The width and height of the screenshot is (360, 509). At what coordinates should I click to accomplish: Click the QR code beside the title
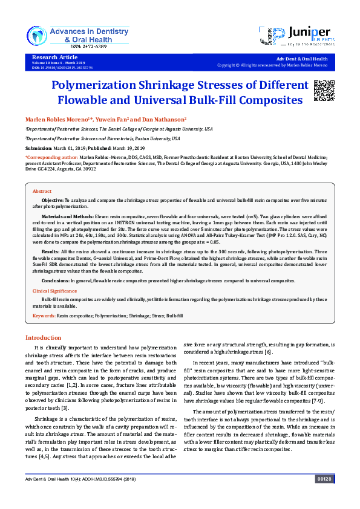tap(324, 89)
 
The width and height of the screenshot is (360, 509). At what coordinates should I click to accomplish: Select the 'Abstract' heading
tap(42, 191)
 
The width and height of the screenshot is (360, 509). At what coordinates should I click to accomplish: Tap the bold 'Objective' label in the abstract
tap(52, 199)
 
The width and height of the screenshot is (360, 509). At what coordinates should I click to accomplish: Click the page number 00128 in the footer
tap(324, 496)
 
